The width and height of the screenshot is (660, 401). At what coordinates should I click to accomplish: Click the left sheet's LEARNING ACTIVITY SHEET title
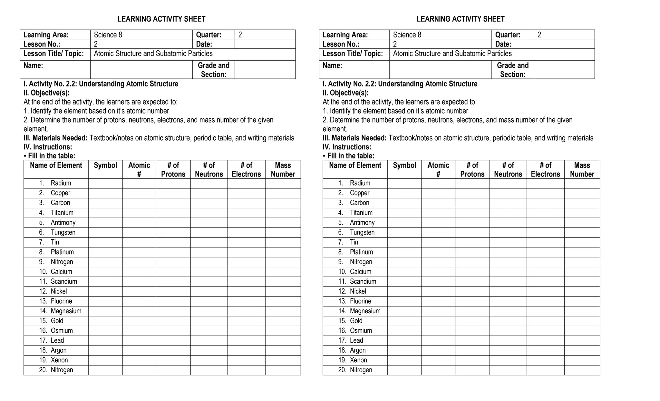[x=161, y=19]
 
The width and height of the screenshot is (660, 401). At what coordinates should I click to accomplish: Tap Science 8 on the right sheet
[x=407, y=35]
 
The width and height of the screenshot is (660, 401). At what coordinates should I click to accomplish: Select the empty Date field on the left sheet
[x=265, y=44]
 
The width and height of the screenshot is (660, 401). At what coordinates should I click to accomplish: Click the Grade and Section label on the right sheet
[x=512, y=70]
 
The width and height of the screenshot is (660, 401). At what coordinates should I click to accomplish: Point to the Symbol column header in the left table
[x=105, y=165]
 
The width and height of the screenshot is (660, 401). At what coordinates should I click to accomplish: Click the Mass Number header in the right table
[x=582, y=170]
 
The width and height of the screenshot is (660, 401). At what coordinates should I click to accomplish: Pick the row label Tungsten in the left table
[x=63, y=232]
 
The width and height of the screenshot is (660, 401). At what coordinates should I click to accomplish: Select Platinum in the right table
[x=361, y=252]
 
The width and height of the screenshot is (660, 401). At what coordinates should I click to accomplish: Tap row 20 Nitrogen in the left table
[x=62, y=370]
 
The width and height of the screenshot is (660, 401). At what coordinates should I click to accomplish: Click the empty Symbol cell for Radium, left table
[x=105, y=183]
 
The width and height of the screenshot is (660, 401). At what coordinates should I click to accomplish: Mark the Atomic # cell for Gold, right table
[x=438, y=321]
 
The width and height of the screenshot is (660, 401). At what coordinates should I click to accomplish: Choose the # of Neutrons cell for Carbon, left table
[x=209, y=203]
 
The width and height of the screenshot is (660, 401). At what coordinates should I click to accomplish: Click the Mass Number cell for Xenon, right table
[x=582, y=360]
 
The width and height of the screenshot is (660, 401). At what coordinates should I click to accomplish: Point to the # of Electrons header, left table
[x=246, y=170]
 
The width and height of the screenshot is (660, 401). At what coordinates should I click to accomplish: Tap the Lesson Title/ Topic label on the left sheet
[x=53, y=54]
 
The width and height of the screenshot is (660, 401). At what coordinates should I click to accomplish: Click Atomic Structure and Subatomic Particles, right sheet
[x=452, y=54]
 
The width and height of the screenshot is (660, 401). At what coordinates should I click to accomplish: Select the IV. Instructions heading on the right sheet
[x=347, y=147]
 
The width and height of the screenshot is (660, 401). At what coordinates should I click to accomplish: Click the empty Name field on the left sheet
[x=141, y=70]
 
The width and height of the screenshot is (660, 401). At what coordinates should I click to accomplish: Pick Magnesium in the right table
[x=365, y=311]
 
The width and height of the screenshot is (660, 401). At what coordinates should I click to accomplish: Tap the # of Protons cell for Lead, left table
[x=173, y=341]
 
